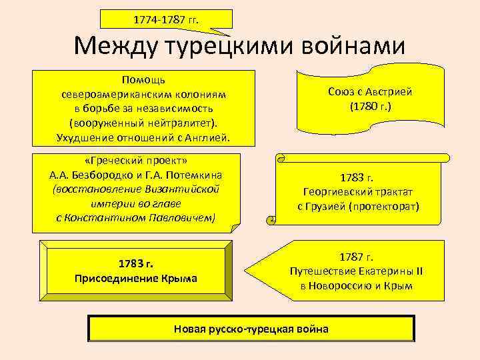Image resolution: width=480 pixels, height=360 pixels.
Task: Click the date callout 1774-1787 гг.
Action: coord(166,20)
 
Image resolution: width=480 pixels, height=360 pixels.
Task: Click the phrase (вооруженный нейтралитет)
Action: coord(144,123)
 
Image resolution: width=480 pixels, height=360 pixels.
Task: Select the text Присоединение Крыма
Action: coord(136,278)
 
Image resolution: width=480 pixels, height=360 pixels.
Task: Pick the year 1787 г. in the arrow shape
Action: coord(356,257)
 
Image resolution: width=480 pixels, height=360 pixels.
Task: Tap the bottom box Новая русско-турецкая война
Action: coord(251,329)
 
